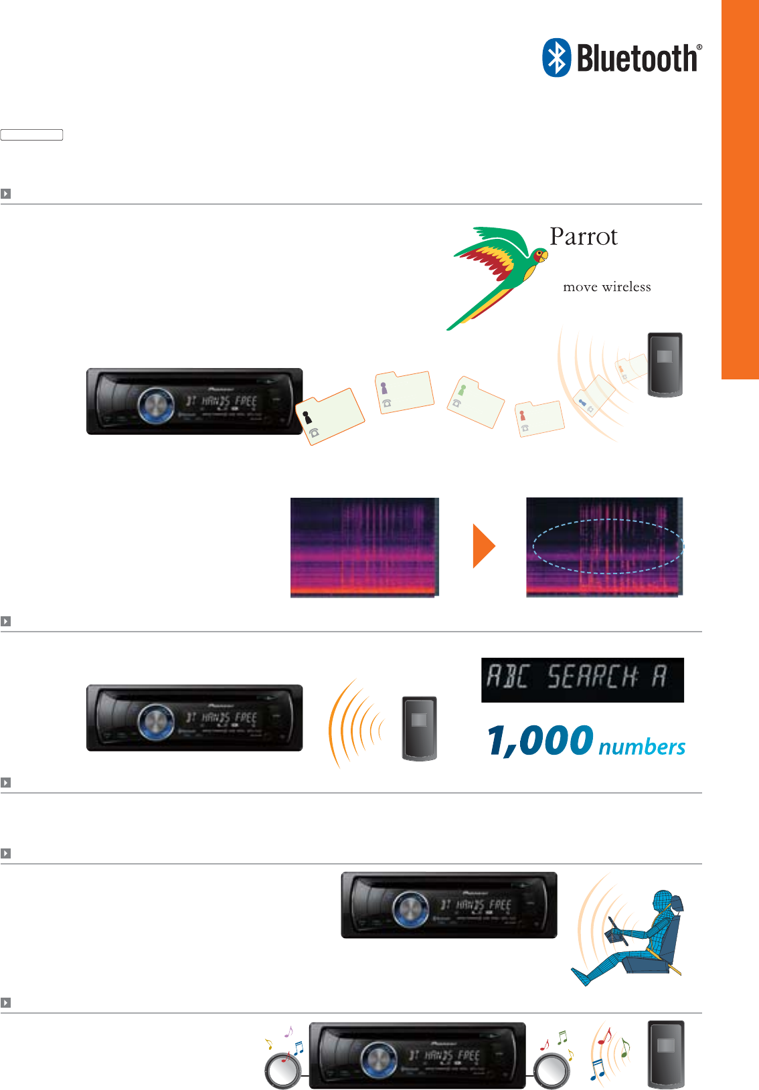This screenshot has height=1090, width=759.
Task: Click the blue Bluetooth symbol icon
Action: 556,58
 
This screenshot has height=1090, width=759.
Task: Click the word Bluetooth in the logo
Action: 637,59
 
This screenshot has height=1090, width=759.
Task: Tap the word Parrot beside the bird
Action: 583,237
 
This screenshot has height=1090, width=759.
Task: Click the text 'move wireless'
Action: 606,287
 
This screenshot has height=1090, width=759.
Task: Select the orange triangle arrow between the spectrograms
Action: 483,546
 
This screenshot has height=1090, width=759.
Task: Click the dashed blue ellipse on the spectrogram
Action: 608,547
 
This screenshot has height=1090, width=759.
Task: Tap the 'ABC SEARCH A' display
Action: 582,679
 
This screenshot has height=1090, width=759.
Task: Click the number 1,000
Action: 539,741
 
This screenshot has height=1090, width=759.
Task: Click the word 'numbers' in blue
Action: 641,747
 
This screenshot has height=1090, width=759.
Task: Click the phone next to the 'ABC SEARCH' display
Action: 419,728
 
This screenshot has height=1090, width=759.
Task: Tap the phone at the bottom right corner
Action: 665,1054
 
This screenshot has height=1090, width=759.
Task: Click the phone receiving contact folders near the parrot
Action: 665,364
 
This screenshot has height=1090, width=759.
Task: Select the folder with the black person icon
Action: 333,416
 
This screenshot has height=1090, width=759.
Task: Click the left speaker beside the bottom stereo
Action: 282,1070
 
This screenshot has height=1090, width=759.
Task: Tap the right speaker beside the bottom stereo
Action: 552,1070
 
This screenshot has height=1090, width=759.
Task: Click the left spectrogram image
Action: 364,547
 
